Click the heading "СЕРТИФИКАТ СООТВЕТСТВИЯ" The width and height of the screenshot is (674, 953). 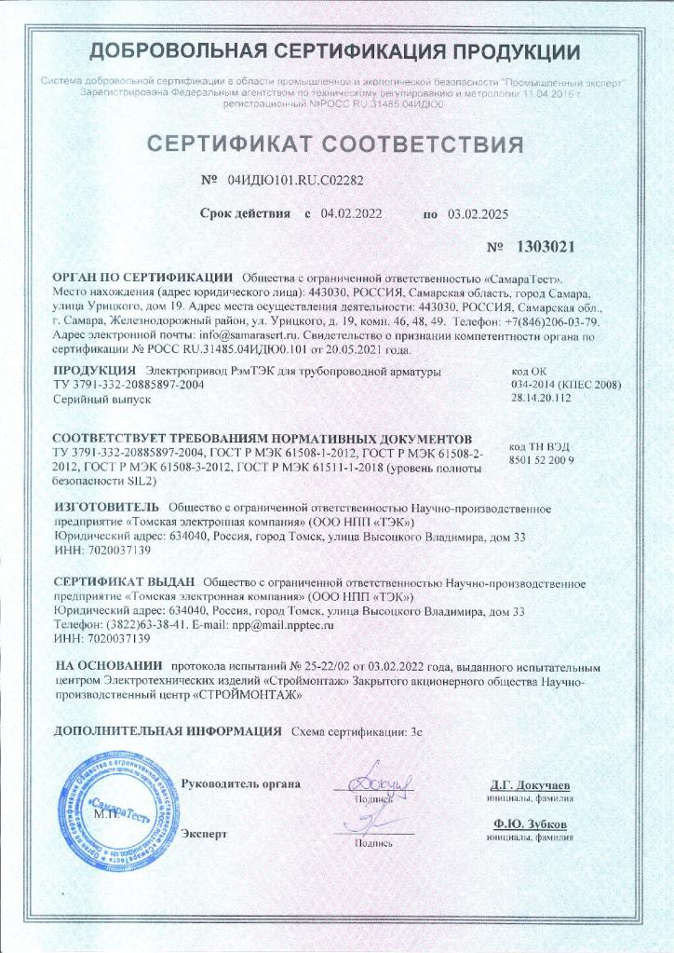click(x=336, y=145)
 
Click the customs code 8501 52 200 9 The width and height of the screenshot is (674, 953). click(x=544, y=460)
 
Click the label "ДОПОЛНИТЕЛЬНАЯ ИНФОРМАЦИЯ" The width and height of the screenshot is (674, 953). click(x=168, y=730)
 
